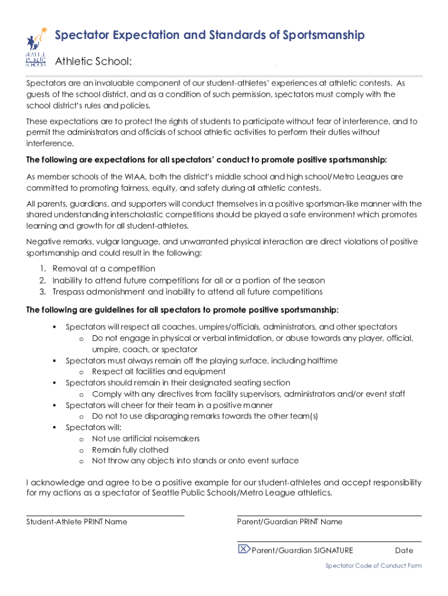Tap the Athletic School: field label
pyautogui.click(x=93, y=62)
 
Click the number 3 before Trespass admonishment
pyautogui.click(x=43, y=292)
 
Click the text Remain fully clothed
pyautogui.click(x=130, y=450)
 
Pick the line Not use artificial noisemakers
pyautogui.click(x=145, y=438)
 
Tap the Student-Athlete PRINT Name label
pyautogui.click(x=77, y=522)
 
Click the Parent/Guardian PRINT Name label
pyautogui.click(x=290, y=522)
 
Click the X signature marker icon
pyautogui.click(x=244, y=549)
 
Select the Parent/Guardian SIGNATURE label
pyautogui.click(x=302, y=551)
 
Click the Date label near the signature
pyautogui.click(x=404, y=551)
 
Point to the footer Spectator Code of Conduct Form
pyautogui.click(x=374, y=566)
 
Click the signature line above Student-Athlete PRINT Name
pyautogui.click(x=105, y=516)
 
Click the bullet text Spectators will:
pyautogui.click(x=93, y=427)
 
